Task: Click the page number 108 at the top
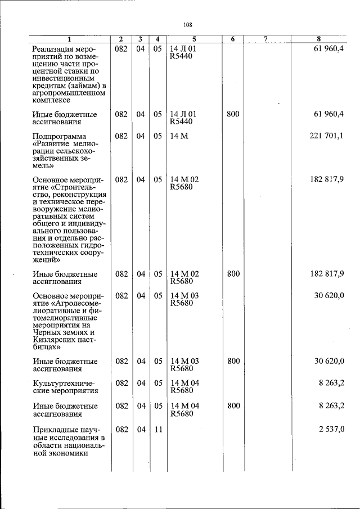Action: [188, 24]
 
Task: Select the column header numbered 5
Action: [193, 39]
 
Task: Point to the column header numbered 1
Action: [70, 39]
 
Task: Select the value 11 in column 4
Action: [158, 430]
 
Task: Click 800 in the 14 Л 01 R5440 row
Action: [233, 114]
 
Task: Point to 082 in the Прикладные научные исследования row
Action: [121, 430]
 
